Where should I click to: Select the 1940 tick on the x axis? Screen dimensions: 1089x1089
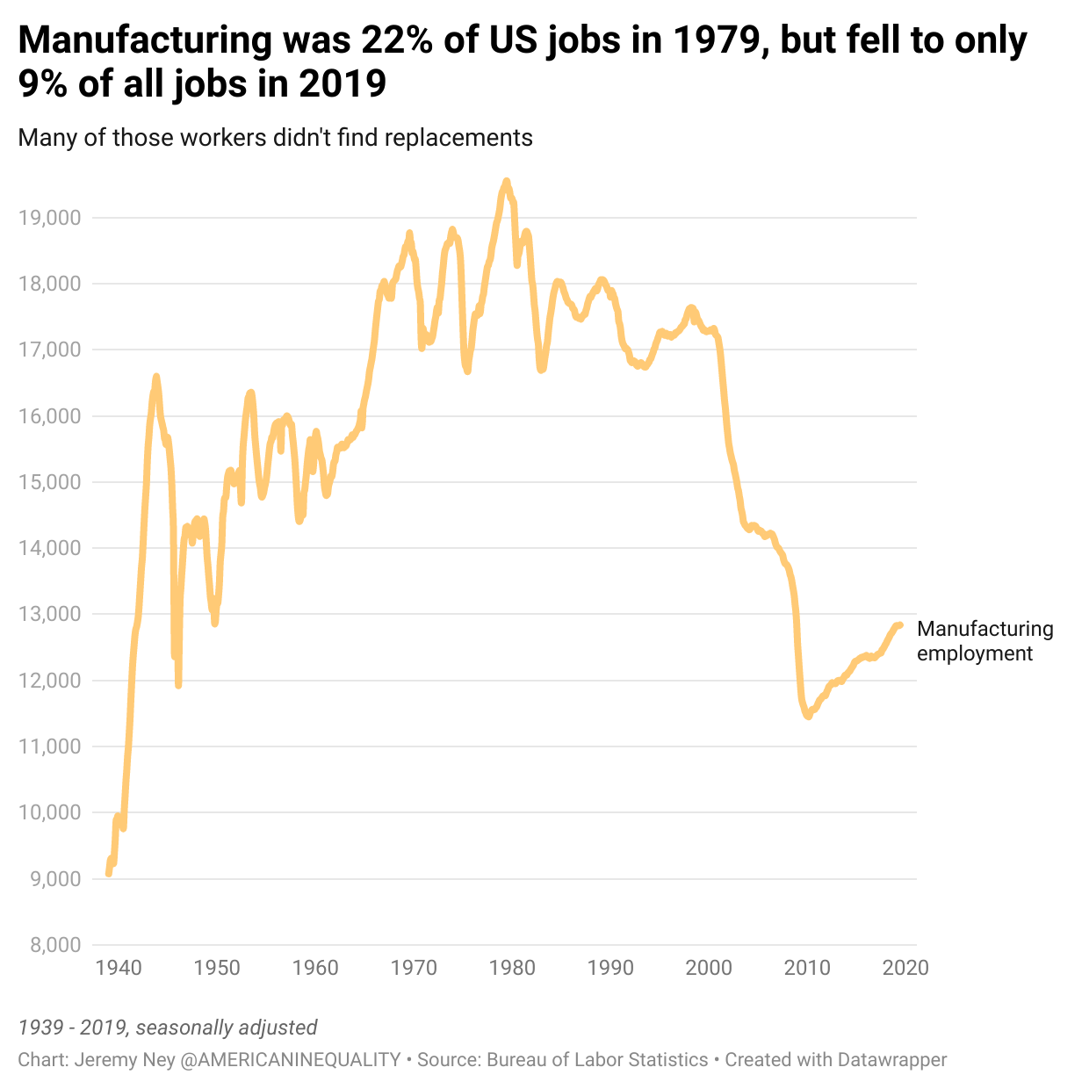pos(119,968)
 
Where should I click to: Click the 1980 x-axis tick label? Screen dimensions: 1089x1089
pos(512,968)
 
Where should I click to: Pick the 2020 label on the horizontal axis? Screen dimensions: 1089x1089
pos(905,968)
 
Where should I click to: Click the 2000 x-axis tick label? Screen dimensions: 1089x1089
pos(709,968)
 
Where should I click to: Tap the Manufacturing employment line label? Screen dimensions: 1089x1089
pos(984,641)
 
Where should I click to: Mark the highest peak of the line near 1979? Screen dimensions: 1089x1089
pos(506,181)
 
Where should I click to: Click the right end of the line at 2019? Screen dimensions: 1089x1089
pos(900,625)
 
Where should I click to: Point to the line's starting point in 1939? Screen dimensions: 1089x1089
pos(109,874)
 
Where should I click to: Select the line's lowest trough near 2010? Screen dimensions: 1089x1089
pos(808,717)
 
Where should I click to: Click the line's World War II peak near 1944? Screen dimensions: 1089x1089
pos(156,377)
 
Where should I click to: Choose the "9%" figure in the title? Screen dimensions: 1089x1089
pos(43,83)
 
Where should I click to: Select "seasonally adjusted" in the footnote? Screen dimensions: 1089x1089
pos(227,1028)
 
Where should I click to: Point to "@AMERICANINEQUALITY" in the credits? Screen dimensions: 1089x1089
pos(291,1060)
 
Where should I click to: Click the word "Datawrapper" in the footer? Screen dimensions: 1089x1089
pos(892,1060)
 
